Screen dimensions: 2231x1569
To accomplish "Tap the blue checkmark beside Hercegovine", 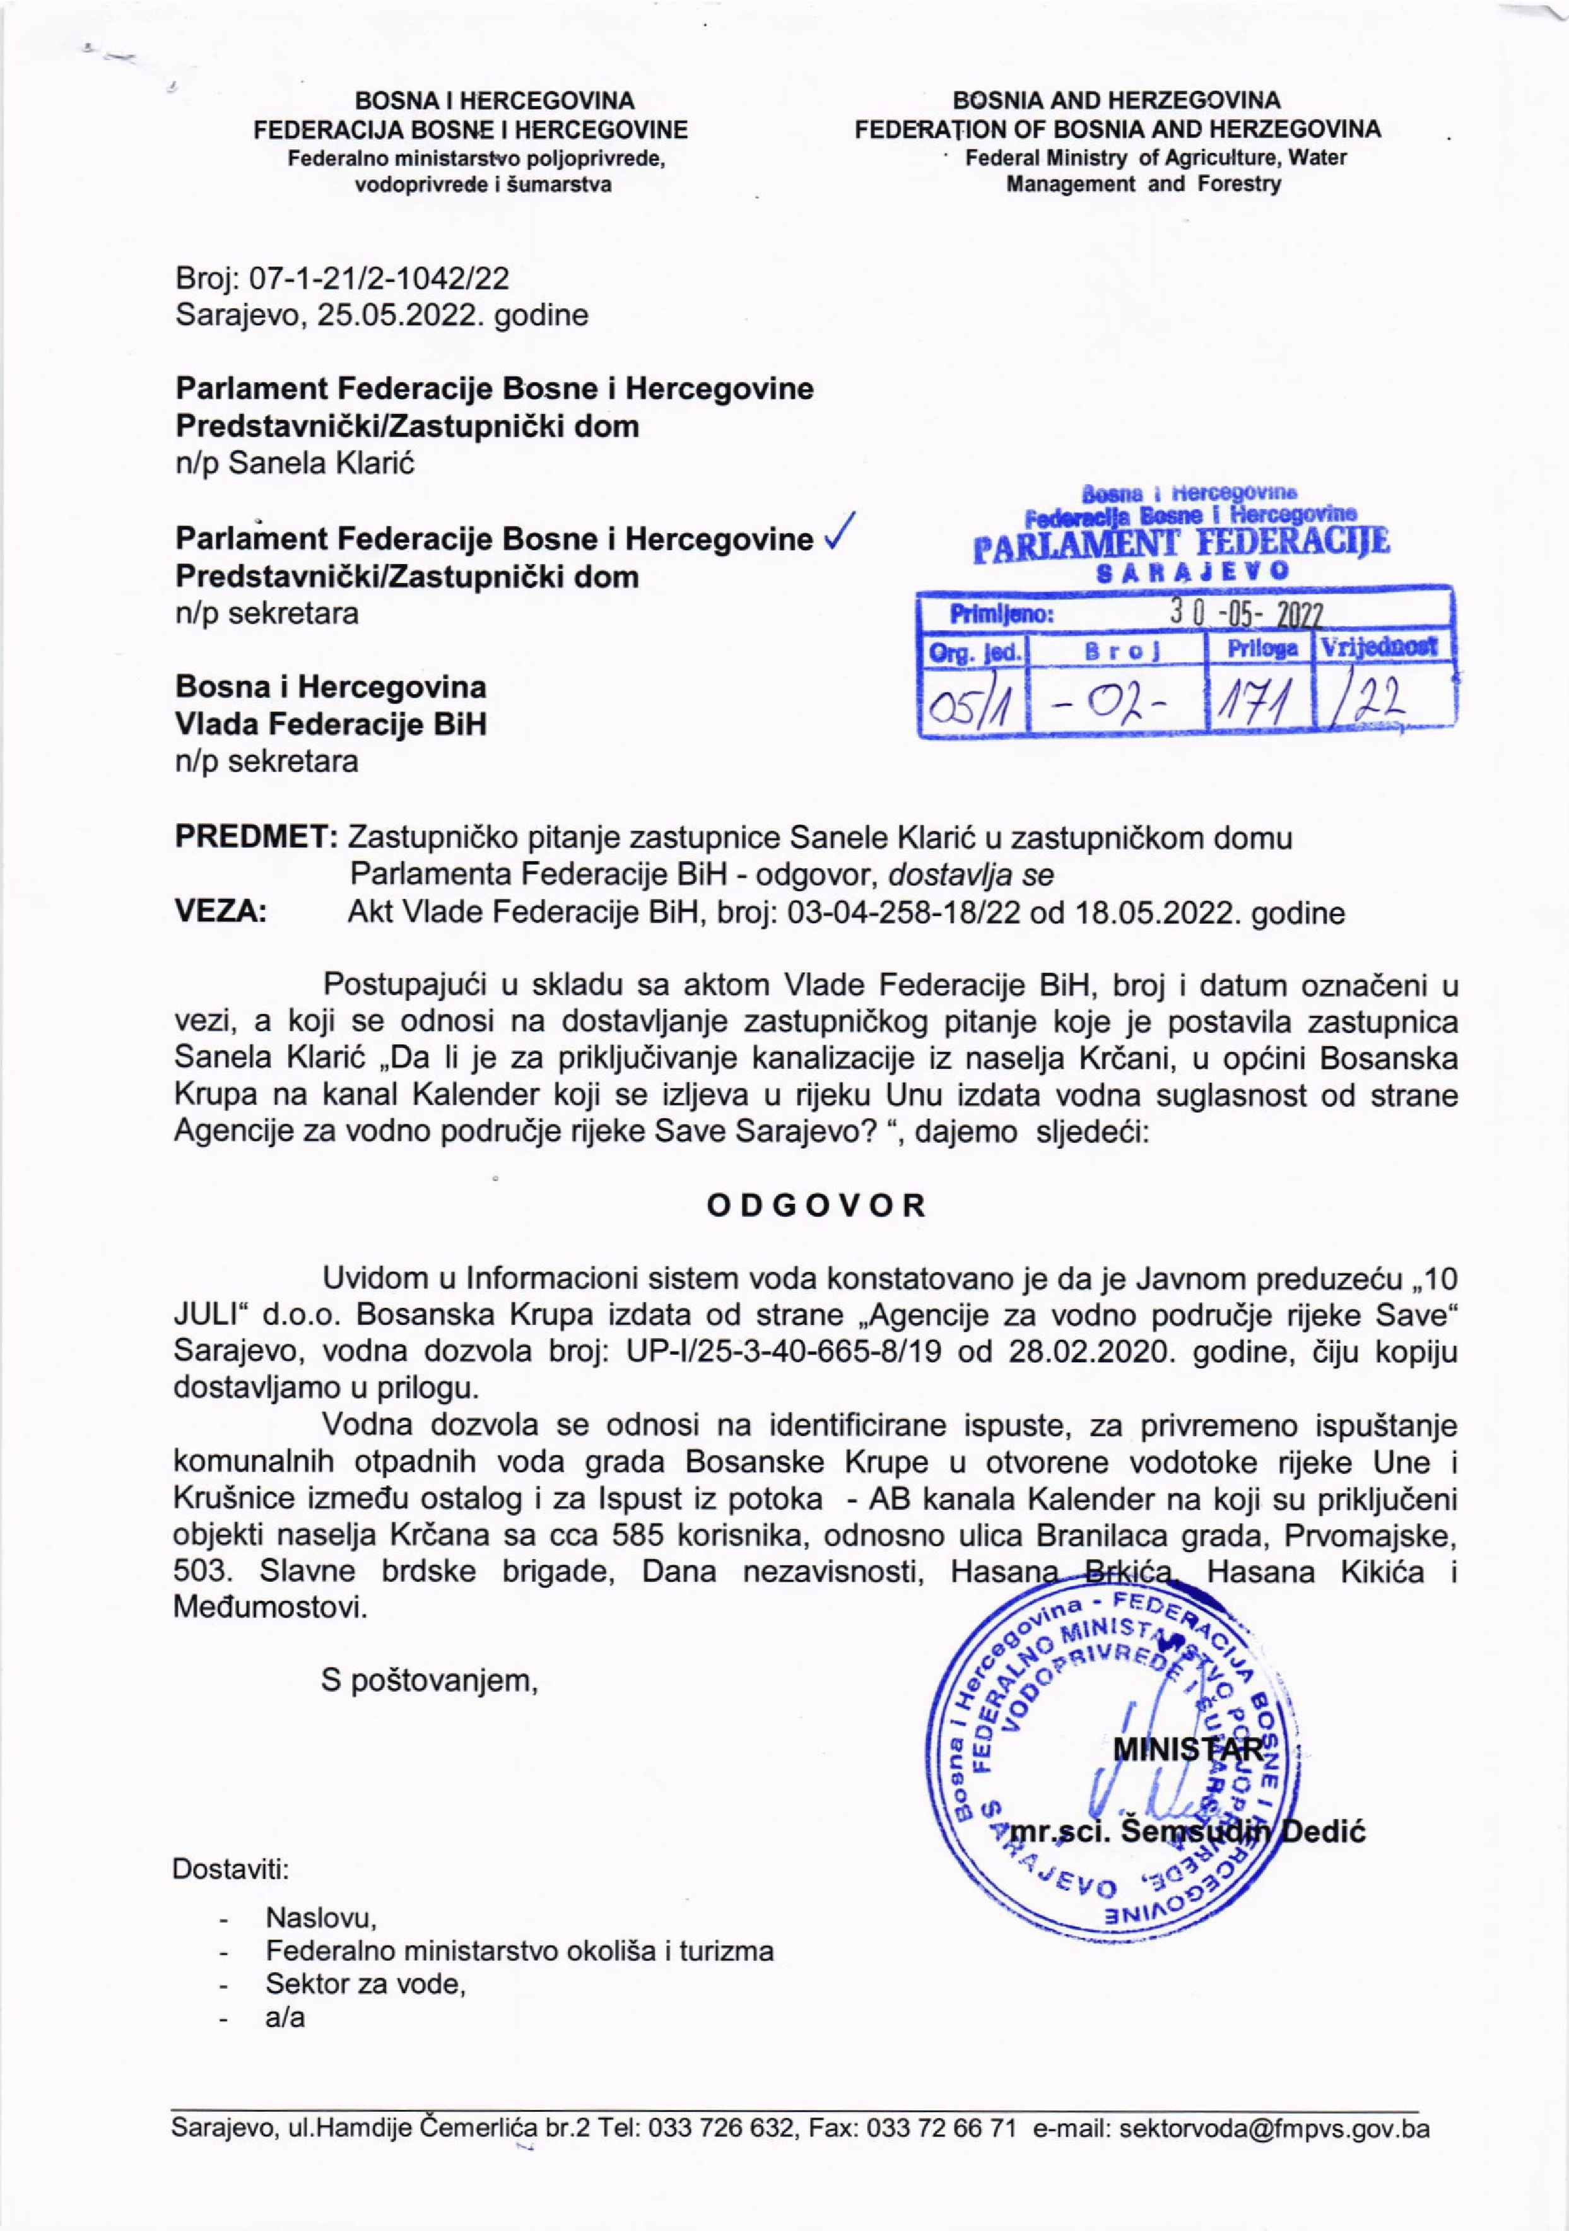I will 837,533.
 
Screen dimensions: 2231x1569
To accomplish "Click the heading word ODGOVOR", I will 816,1206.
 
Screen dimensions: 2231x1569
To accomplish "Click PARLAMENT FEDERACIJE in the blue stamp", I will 1182,542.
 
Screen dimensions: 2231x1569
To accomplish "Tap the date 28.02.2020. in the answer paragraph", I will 1069,1351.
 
